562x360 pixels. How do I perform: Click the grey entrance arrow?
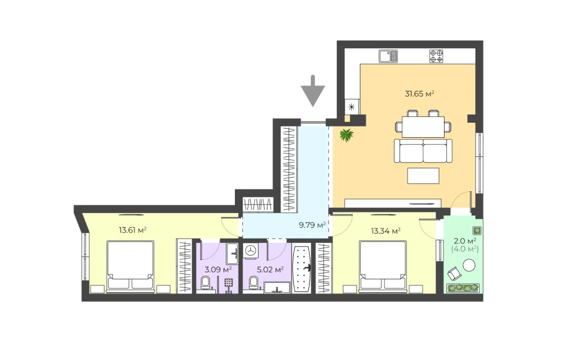[x=313, y=91]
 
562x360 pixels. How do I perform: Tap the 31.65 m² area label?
[x=419, y=94]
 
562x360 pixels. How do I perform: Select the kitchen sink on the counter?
[x=388, y=56]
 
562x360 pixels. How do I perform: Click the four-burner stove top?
[x=436, y=56]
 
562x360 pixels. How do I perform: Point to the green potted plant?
[x=346, y=135]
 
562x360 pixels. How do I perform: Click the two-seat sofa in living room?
[x=423, y=151]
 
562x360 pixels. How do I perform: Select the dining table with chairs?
[x=423, y=124]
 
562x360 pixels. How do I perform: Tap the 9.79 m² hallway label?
[x=312, y=225]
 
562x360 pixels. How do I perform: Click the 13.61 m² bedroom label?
[x=133, y=230]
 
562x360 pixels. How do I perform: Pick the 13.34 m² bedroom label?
[x=386, y=231]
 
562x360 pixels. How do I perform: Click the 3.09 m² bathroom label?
[x=218, y=269]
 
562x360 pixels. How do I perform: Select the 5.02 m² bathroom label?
[x=270, y=269]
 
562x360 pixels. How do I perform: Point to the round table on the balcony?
[x=469, y=265]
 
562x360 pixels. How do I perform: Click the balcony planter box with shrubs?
[x=463, y=288]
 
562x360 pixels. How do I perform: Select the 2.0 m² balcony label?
[x=465, y=240]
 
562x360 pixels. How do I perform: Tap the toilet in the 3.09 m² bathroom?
[x=206, y=283]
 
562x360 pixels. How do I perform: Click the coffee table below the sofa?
[x=423, y=175]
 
